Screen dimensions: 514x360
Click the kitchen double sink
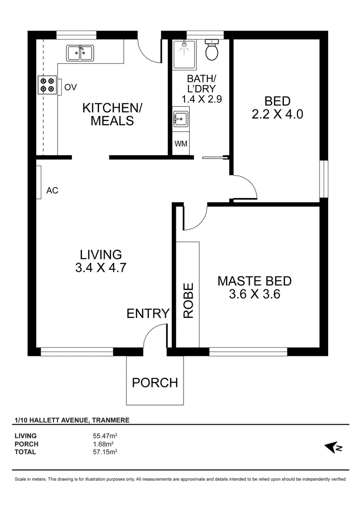(79, 52)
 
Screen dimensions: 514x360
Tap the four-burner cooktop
(47, 85)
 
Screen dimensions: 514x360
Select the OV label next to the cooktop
(70, 87)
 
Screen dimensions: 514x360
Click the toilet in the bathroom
(212, 50)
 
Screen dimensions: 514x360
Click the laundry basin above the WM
(181, 118)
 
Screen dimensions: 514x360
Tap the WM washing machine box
(181, 144)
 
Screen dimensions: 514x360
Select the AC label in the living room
(52, 191)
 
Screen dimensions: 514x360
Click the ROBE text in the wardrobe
(189, 300)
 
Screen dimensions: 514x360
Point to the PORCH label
(155, 382)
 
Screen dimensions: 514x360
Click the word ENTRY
(148, 313)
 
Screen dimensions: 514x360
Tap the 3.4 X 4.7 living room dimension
(100, 267)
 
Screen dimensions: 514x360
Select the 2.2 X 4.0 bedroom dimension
(277, 114)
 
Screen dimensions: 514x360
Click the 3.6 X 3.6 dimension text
(254, 294)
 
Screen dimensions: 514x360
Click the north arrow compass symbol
(333, 447)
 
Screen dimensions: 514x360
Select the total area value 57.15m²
(105, 452)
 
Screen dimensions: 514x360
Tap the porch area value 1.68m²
(104, 444)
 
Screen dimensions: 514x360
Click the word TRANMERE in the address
(110, 420)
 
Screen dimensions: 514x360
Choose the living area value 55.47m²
(105, 435)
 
